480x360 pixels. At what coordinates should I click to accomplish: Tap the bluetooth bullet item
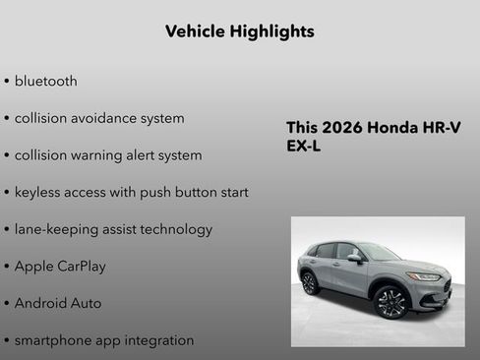[45, 81]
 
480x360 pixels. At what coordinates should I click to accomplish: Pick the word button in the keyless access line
[195, 192]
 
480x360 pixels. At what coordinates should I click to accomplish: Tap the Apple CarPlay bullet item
[60, 267]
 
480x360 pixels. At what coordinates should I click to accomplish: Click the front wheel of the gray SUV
[391, 302]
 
